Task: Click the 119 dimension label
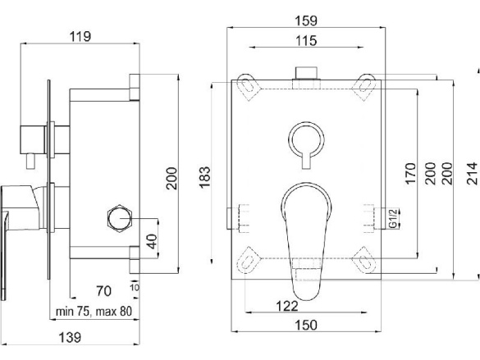point(80,36)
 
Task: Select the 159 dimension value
point(306,21)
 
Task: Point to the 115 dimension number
point(306,41)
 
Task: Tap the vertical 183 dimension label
point(205,177)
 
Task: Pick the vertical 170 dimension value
point(411,173)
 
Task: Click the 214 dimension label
point(472,173)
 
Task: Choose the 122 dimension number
point(287,306)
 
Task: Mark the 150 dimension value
point(306,325)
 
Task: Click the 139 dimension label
point(70,338)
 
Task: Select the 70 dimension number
point(103,291)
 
